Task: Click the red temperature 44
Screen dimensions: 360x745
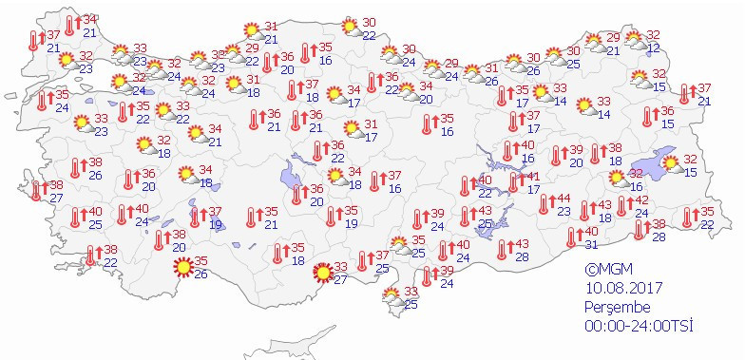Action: coord(563,199)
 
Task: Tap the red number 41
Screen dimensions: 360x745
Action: coord(534,176)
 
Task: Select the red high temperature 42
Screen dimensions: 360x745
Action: coord(641,199)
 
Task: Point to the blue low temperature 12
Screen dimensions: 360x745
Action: coord(653,47)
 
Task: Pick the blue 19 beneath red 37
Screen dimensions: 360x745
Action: coord(216,224)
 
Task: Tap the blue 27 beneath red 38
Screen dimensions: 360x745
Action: coord(56,198)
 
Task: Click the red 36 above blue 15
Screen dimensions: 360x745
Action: coord(667,111)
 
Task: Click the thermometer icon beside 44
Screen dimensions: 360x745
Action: coord(543,203)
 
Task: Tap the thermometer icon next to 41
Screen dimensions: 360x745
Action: coord(514,181)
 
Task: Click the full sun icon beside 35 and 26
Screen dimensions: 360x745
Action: coord(180,268)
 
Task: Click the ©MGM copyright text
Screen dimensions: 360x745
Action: coord(609,270)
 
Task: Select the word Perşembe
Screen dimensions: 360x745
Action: coord(616,308)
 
